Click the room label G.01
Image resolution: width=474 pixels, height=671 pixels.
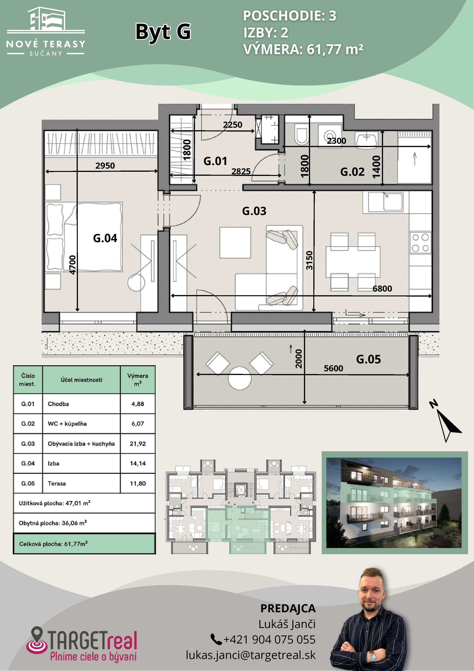215,161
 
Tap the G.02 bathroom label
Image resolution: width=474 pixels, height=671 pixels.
352,172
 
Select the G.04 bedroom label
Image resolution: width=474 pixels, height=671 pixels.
105,238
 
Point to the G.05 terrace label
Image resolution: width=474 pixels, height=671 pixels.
369,359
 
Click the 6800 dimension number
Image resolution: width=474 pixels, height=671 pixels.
382,289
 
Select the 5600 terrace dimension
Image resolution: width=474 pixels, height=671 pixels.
334,368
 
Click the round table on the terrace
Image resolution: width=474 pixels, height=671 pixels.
239,378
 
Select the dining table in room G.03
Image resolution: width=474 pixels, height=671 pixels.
353,262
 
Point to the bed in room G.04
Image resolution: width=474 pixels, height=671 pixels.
84,237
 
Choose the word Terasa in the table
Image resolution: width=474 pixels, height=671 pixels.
57,483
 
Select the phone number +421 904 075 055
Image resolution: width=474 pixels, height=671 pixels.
269,639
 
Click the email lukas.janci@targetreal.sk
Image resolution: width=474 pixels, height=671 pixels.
251,655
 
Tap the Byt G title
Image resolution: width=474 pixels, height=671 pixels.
163,32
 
